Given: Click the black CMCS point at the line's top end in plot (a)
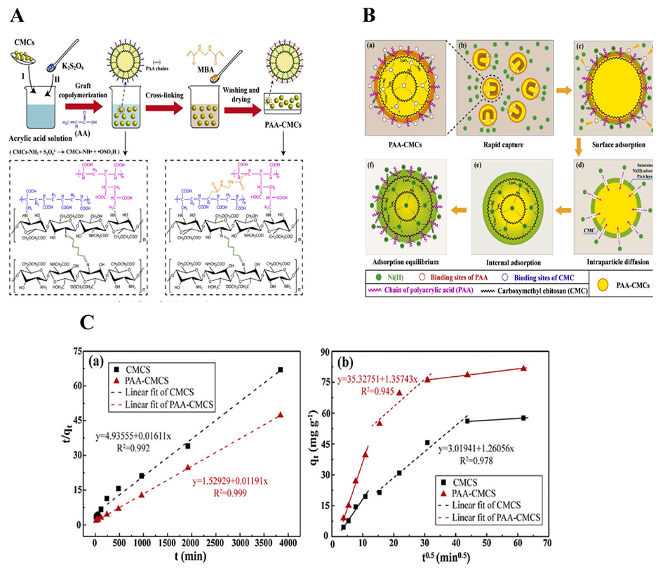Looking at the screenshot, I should click(x=280, y=370).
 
